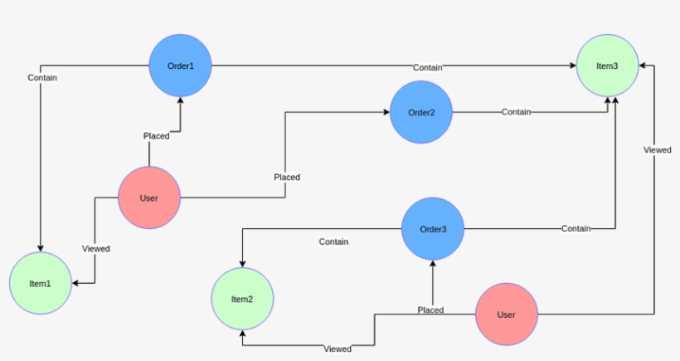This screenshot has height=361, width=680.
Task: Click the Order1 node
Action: click(x=181, y=66)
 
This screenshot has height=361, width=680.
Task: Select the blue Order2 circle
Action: click(x=421, y=112)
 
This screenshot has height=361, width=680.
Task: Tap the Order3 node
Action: click(x=433, y=229)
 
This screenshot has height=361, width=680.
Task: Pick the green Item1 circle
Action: click(x=40, y=284)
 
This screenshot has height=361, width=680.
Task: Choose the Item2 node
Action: click(x=241, y=299)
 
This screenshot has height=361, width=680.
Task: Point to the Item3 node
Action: click(x=608, y=66)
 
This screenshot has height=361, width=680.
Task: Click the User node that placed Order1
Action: click(x=149, y=198)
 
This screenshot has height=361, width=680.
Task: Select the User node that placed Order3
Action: click(x=506, y=315)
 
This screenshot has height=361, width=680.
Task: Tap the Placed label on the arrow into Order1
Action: click(x=156, y=136)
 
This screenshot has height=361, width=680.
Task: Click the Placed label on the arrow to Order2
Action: click(x=287, y=177)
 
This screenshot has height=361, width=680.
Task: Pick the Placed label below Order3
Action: click(x=430, y=310)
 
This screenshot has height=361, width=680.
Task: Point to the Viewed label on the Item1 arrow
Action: click(x=96, y=248)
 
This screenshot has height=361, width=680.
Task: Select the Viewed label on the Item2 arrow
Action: click(x=338, y=349)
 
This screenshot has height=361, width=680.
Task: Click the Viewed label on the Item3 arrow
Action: click(x=658, y=150)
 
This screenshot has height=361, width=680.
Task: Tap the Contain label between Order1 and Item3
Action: click(x=428, y=67)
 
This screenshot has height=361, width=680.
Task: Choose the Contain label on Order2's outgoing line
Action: click(x=516, y=112)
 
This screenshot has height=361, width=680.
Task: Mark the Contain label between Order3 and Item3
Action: click(x=576, y=228)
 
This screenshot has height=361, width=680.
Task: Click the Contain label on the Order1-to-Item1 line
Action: click(x=42, y=78)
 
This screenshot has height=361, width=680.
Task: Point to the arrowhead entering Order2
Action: click(x=386, y=112)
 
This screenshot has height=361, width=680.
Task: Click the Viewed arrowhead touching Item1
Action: click(x=76, y=283)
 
